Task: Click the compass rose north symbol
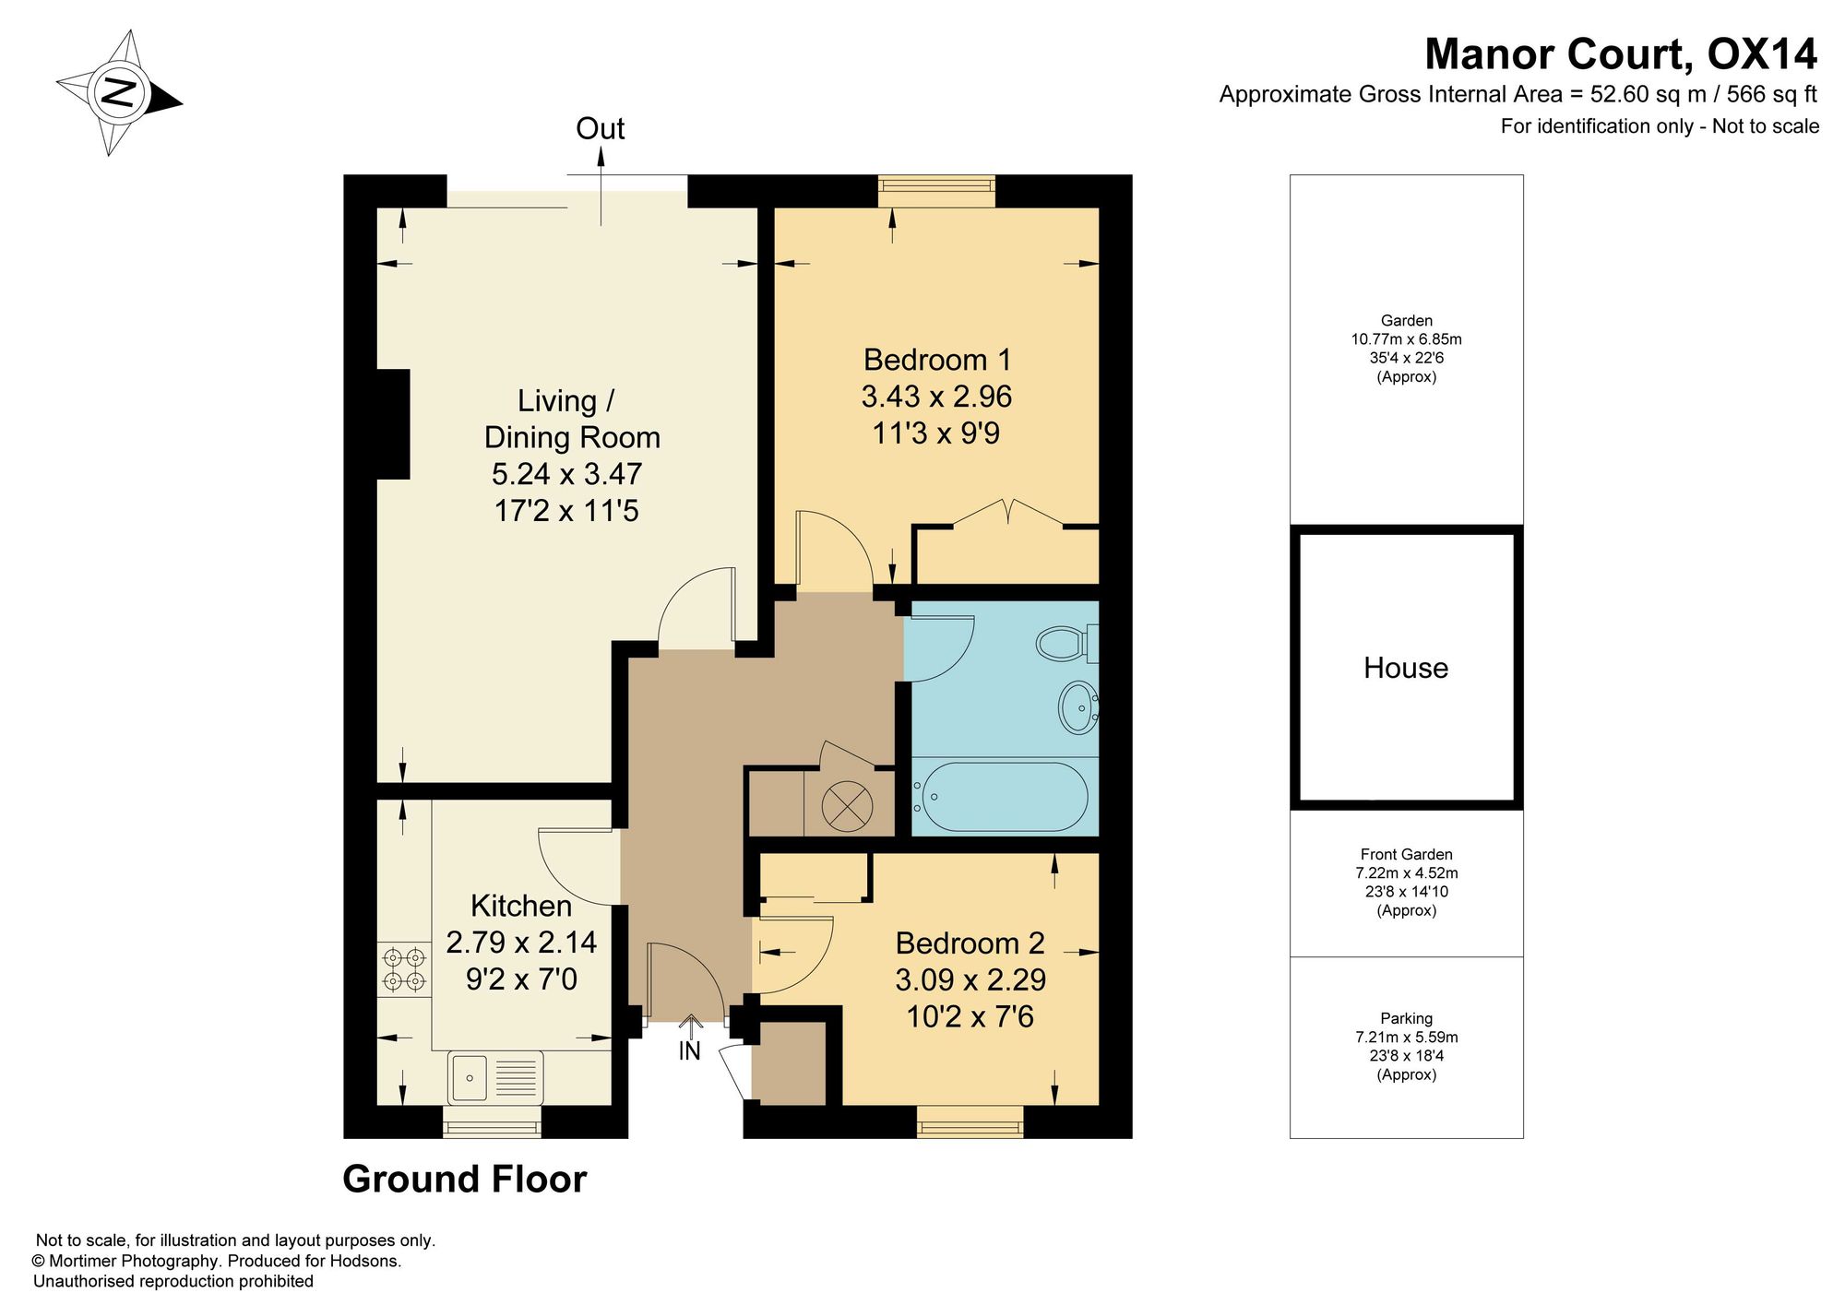click(119, 92)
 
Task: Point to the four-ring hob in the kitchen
click(404, 969)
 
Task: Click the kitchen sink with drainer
click(495, 1077)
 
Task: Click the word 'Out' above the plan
click(601, 129)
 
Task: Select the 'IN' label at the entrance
click(690, 1050)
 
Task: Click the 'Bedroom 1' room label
click(937, 360)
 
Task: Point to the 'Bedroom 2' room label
click(970, 943)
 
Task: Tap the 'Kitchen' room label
click(521, 906)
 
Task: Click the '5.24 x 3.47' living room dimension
click(566, 474)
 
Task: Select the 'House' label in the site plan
click(1406, 668)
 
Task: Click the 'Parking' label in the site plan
click(1406, 1018)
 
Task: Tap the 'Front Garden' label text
click(1406, 855)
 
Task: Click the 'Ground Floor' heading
click(465, 1180)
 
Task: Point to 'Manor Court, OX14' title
click(1621, 54)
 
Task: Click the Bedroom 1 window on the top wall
click(937, 191)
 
